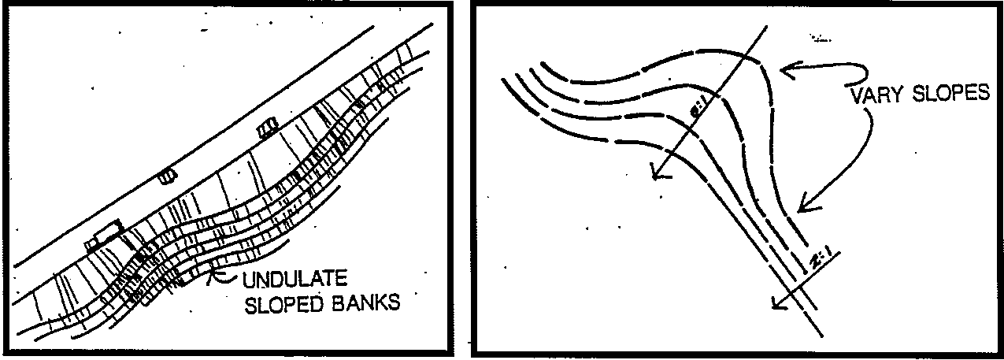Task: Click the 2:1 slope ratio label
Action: pyautogui.click(x=821, y=260)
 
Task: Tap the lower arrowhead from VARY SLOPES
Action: pyautogui.click(x=802, y=208)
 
